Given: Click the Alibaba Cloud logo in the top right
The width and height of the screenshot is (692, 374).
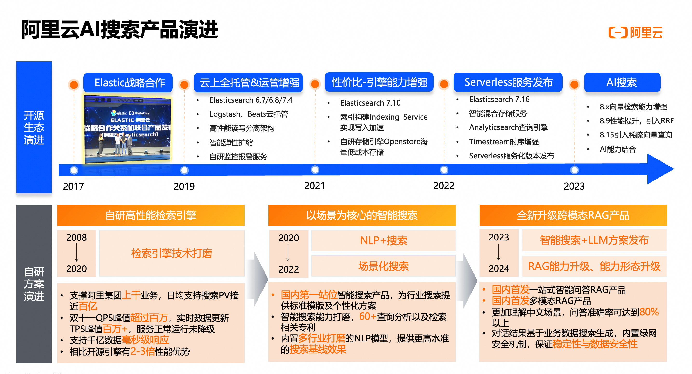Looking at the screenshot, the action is (635, 33).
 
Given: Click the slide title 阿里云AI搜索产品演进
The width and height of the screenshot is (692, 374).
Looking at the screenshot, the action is (120, 30).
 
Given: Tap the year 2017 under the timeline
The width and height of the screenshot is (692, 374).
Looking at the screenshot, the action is (73, 186).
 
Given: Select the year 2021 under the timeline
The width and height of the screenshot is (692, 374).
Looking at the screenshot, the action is (315, 186).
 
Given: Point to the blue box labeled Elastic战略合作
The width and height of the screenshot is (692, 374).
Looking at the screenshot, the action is (128, 82).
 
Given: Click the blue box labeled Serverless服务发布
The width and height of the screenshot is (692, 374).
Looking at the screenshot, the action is (508, 82).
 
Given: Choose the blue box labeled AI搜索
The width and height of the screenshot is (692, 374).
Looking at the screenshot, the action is (622, 82).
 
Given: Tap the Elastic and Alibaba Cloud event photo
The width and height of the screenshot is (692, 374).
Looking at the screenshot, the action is (127, 129).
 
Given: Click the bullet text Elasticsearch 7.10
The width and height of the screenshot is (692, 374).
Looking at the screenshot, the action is (370, 103).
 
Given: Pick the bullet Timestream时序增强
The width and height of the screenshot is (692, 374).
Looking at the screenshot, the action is (504, 141).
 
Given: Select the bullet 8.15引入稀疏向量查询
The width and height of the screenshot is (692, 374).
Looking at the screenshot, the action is (636, 135).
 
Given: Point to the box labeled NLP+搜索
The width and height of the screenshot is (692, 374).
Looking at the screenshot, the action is (383, 240).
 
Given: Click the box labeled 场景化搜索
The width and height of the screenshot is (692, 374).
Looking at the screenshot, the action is (383, 266).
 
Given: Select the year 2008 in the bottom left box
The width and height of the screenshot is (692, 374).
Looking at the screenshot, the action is (77, 238).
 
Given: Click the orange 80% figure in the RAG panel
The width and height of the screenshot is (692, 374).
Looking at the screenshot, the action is (649, 312).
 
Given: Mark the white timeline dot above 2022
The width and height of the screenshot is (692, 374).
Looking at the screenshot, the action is (444, 170).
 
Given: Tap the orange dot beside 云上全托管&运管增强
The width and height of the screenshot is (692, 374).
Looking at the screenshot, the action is (184, 85).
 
